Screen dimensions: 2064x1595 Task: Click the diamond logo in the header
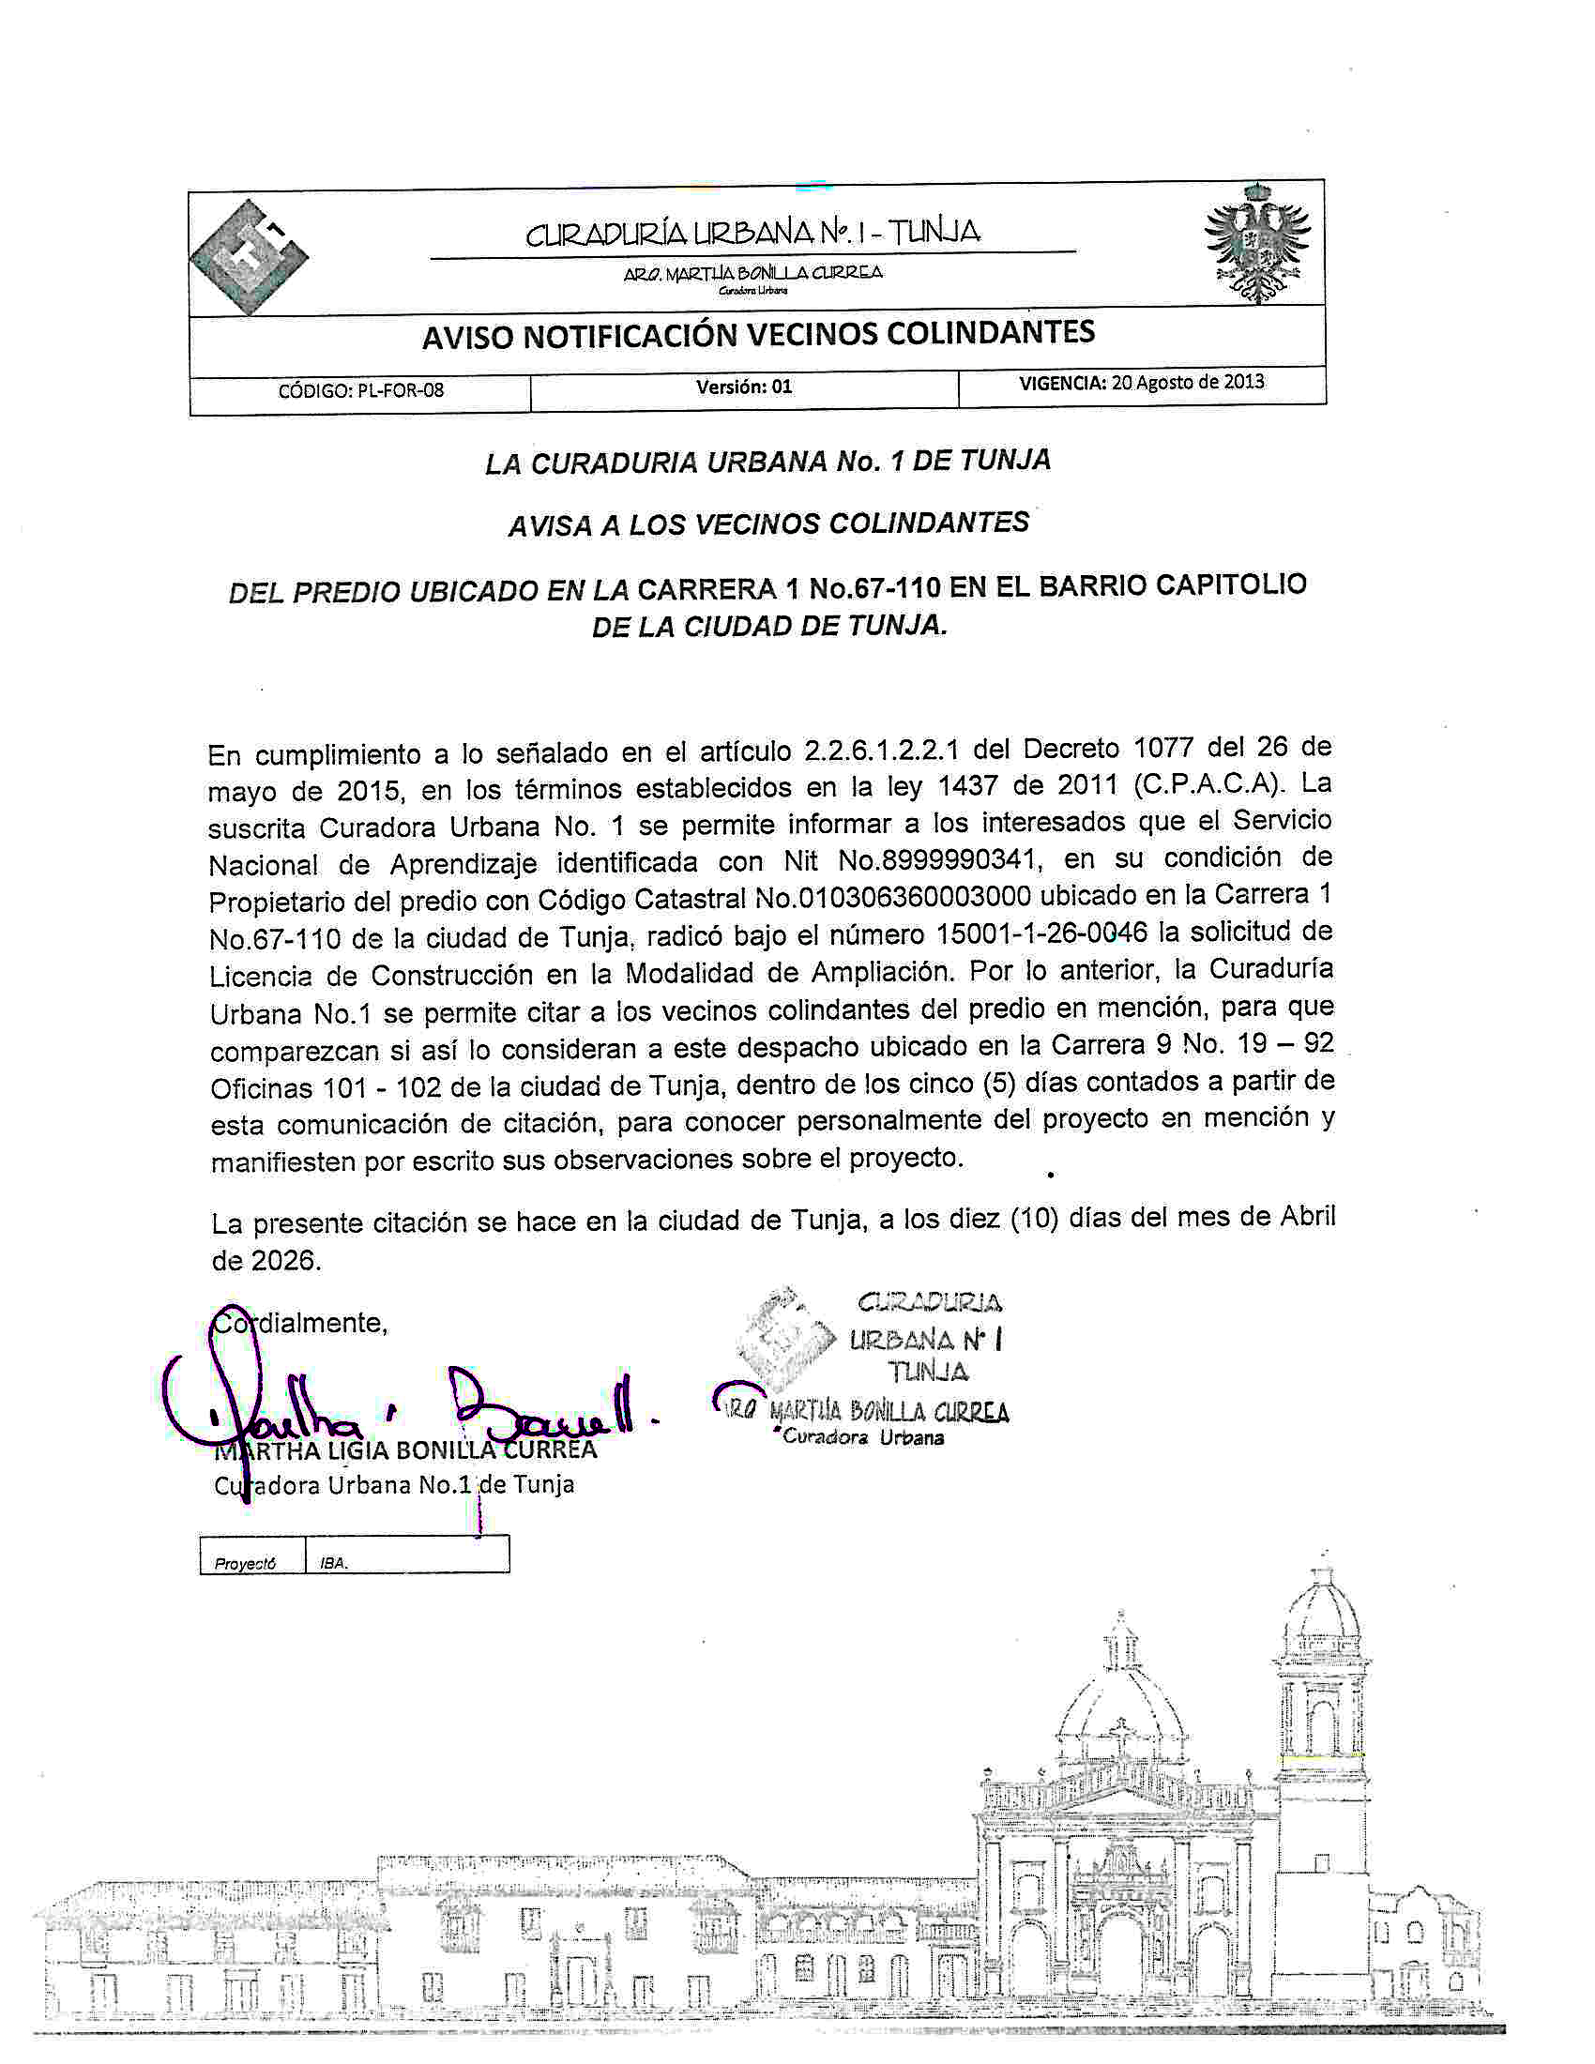pyautogui.click(x=249, y=257)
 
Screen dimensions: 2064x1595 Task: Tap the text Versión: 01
pyautogui.click(x=744, y=387)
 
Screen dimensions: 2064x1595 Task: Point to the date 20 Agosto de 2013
pyautogui.click(x=1188, y=382)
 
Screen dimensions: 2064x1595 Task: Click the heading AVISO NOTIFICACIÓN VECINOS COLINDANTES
pyautogui.click(x=758, y=334)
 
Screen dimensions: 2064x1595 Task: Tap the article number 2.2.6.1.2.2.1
pyautogui.click(x=883, y=751)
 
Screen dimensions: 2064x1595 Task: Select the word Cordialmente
pyautogui.click(x=300, y=1322)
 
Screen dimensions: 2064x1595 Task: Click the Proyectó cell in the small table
pyautogui.click(x=246, y=1563)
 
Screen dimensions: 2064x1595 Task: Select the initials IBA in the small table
pyautogui.click(x=334, y=1563)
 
